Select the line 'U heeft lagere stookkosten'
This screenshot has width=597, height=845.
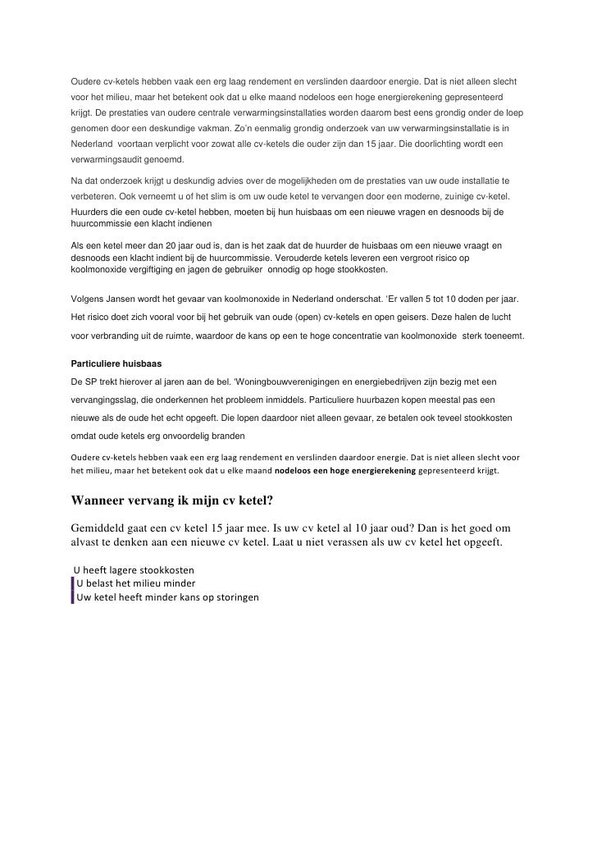134,570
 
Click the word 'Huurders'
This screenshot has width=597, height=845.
92,212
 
